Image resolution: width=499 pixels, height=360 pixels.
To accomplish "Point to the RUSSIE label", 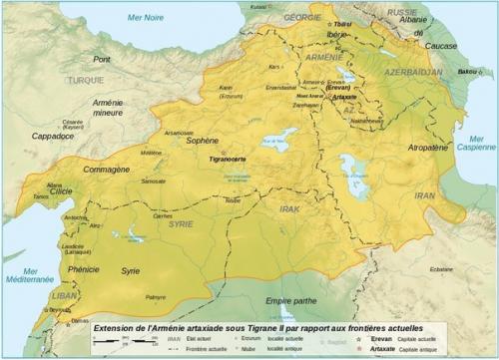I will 403,13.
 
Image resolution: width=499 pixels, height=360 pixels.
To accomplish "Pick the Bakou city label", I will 457,73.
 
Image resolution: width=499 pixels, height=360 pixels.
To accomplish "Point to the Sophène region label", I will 205,142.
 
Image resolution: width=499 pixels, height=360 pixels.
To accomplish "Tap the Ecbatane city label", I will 440,269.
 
